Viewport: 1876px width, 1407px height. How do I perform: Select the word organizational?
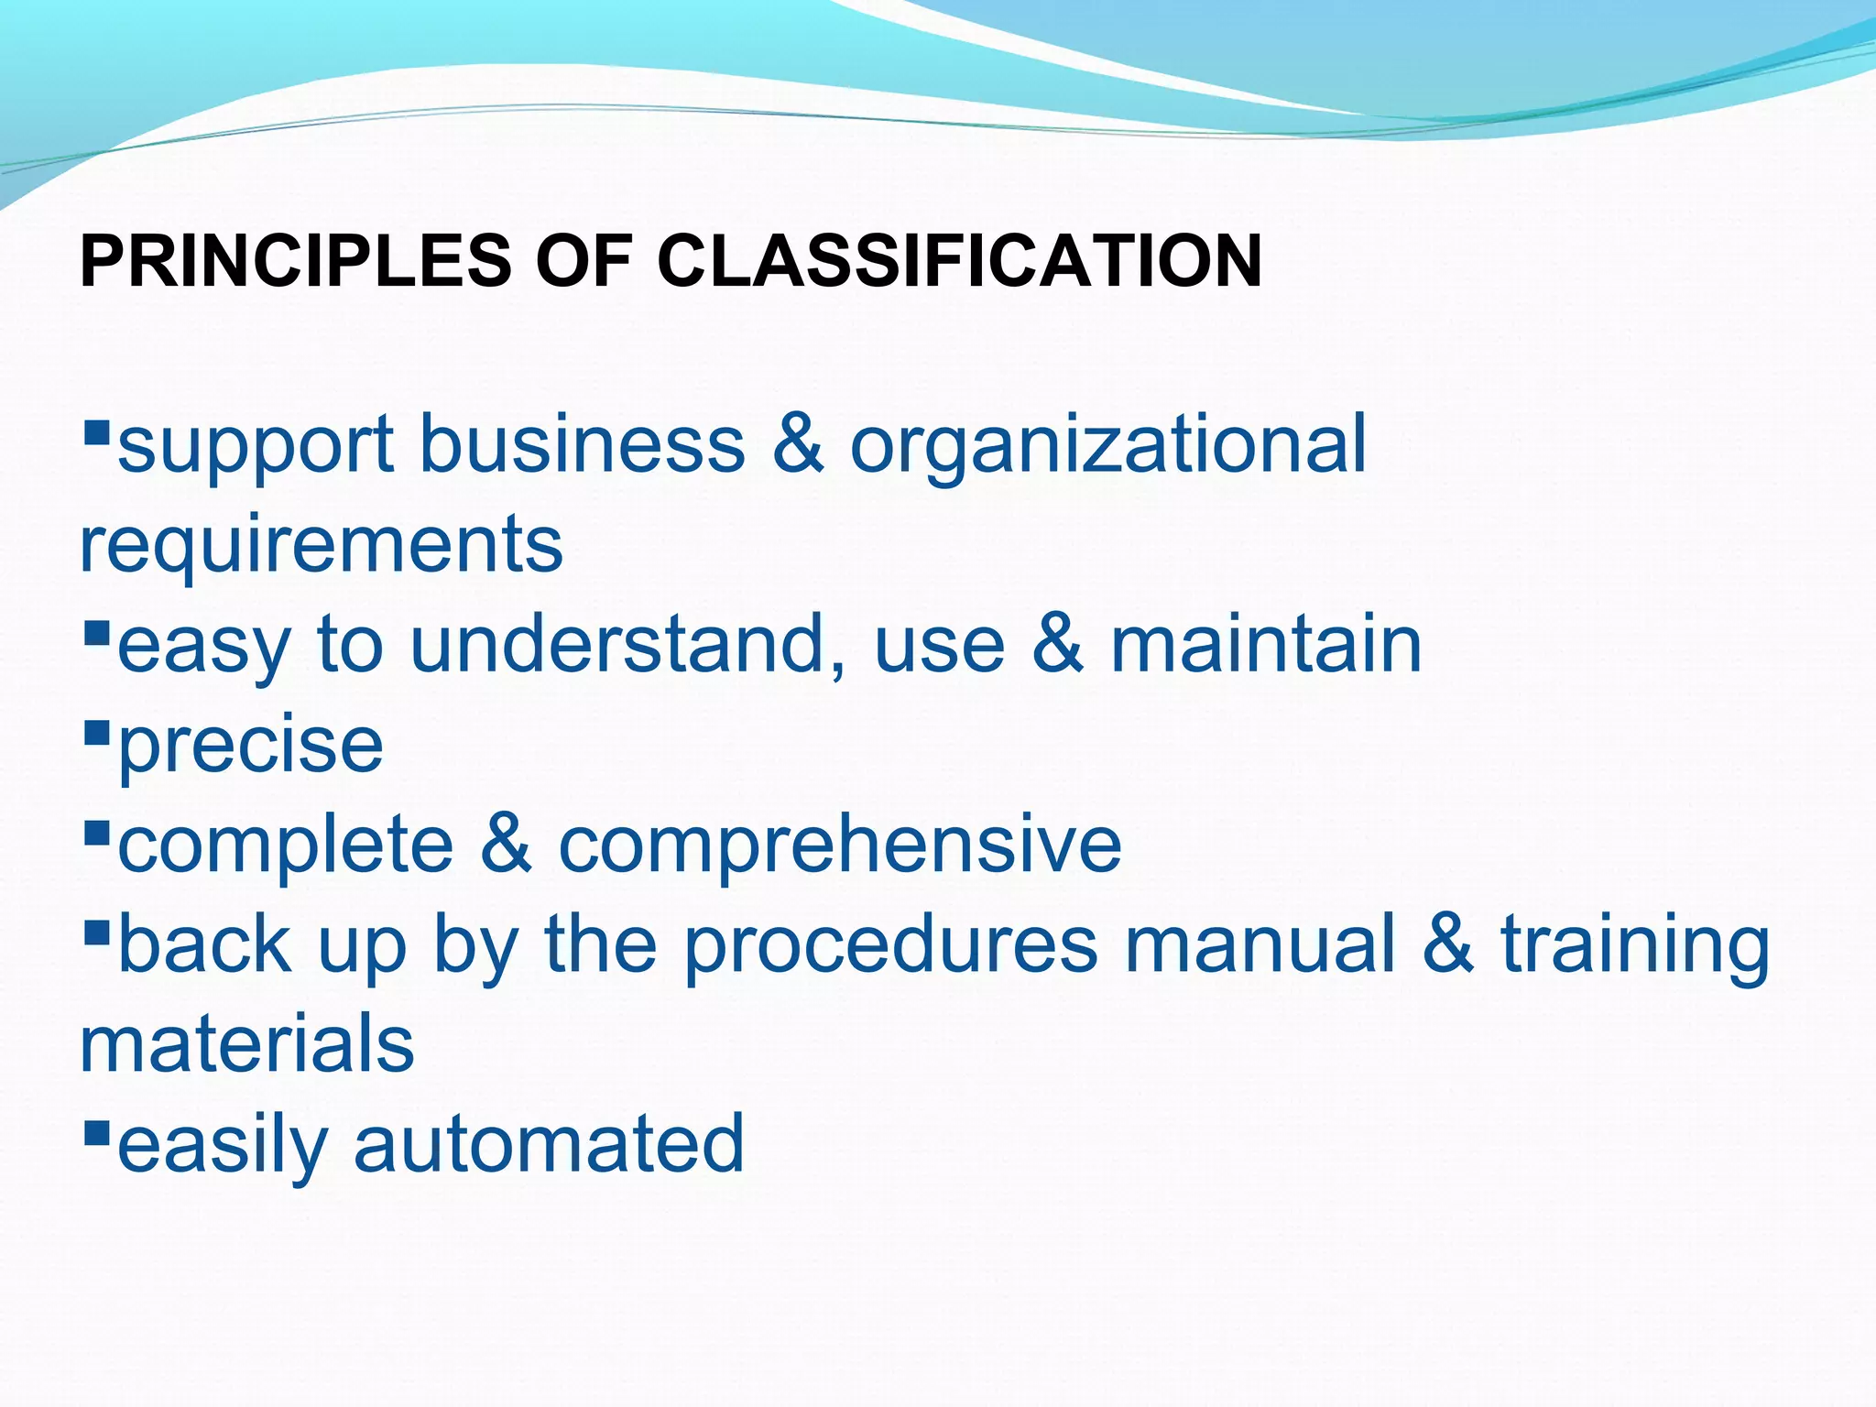coord(1108,446)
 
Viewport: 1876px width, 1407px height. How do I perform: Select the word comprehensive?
coord(840,845)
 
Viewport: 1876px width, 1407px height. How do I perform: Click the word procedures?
coord(890,945)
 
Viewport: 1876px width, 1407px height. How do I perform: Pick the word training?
coord(1635,945)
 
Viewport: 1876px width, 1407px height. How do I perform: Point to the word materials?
coord(247,1044)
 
